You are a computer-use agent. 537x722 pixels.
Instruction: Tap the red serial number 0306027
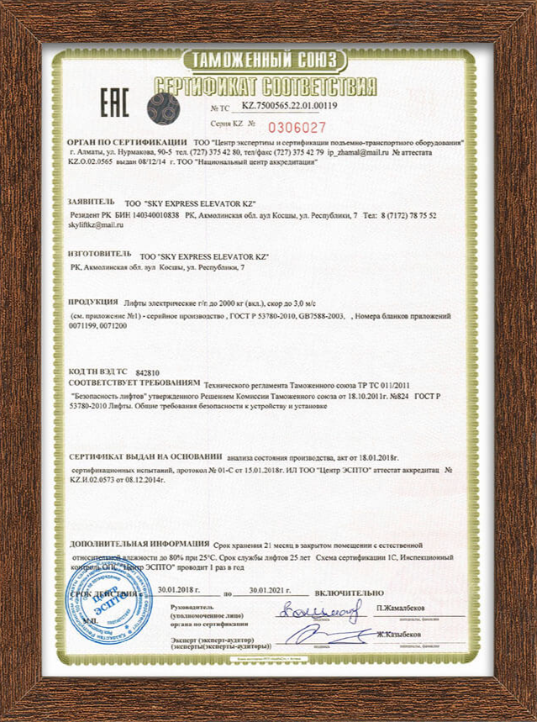[297, 127]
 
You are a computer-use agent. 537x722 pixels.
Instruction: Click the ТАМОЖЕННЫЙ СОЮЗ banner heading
[264, 61]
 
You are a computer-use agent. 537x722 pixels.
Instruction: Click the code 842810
[147, 371]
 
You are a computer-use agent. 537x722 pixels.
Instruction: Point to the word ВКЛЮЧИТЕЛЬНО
[349, 593]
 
